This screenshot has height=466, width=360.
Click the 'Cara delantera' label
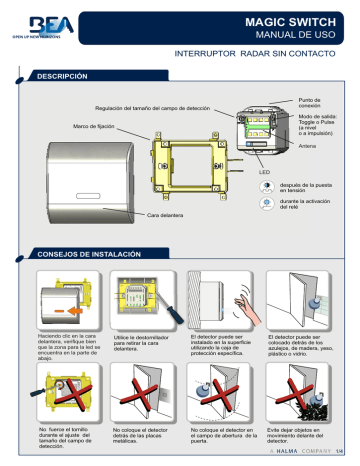[169, 215]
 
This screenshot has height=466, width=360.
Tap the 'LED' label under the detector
[266, 172]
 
